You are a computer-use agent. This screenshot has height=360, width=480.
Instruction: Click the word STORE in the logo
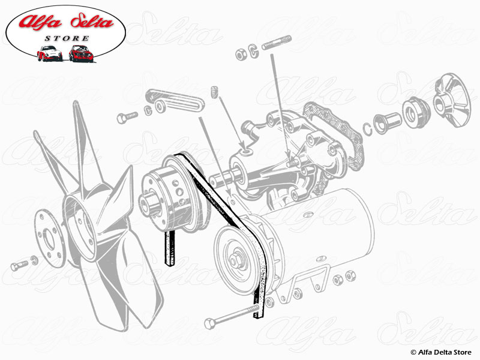67,38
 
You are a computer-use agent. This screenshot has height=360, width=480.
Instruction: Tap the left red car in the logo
49,53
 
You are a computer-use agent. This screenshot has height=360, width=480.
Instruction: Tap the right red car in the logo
79,53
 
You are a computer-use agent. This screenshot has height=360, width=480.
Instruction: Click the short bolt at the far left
20,264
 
